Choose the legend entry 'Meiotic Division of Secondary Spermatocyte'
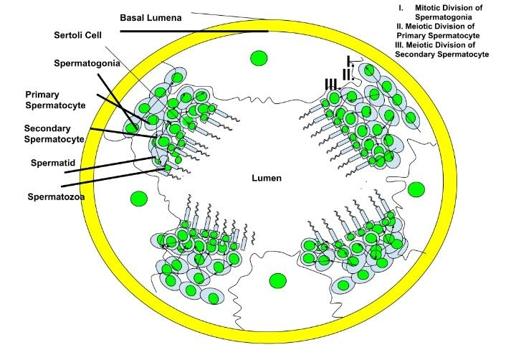(441, 49)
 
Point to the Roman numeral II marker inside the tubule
(345, 74)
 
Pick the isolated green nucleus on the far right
(416, 189)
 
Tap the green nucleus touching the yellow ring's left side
(130, 128)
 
